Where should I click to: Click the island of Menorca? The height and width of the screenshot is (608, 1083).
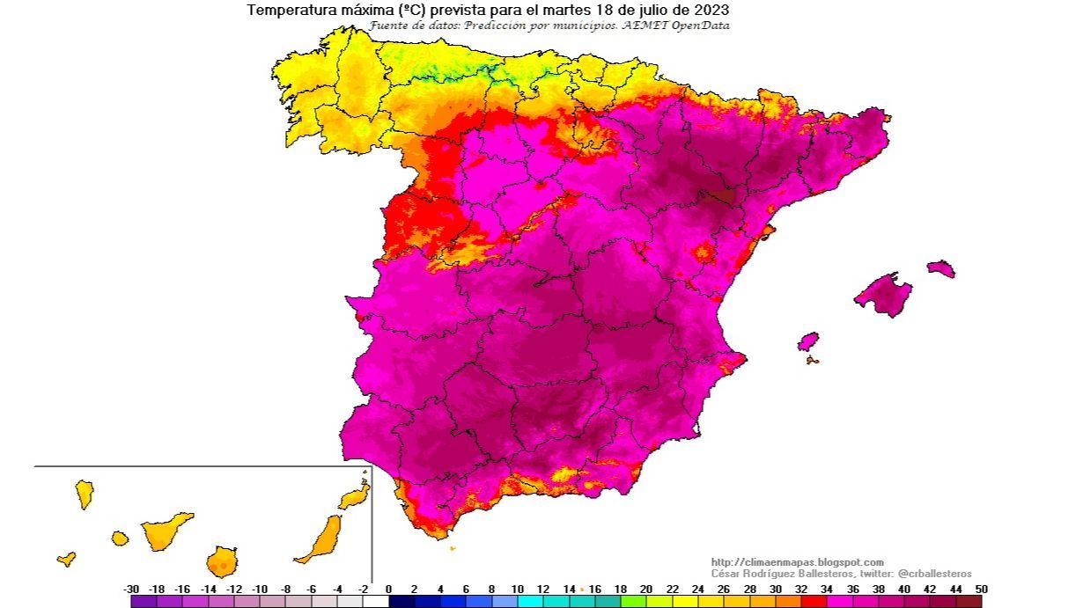tap(940, 268)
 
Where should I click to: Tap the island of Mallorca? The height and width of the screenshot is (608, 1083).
tap(883, 294)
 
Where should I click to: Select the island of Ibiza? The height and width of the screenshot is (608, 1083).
tap(807, 341)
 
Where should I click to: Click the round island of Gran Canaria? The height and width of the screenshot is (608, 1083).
tap(223, 560)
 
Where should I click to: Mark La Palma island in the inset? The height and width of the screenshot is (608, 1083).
tap(85, 494)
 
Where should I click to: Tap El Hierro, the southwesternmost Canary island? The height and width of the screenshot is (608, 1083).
tap(66, 559)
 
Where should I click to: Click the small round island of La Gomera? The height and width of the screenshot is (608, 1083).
tap(120, 538)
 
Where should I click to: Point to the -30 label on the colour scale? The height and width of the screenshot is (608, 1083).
tap(131, 589)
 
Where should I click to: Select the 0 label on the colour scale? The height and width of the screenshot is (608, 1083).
tap(388, 589)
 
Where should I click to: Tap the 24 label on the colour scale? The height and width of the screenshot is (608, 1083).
tap(697, 589)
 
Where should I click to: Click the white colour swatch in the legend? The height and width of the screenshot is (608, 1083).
tap(375, 602)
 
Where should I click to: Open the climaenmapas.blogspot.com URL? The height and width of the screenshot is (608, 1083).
tap(797, 562)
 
